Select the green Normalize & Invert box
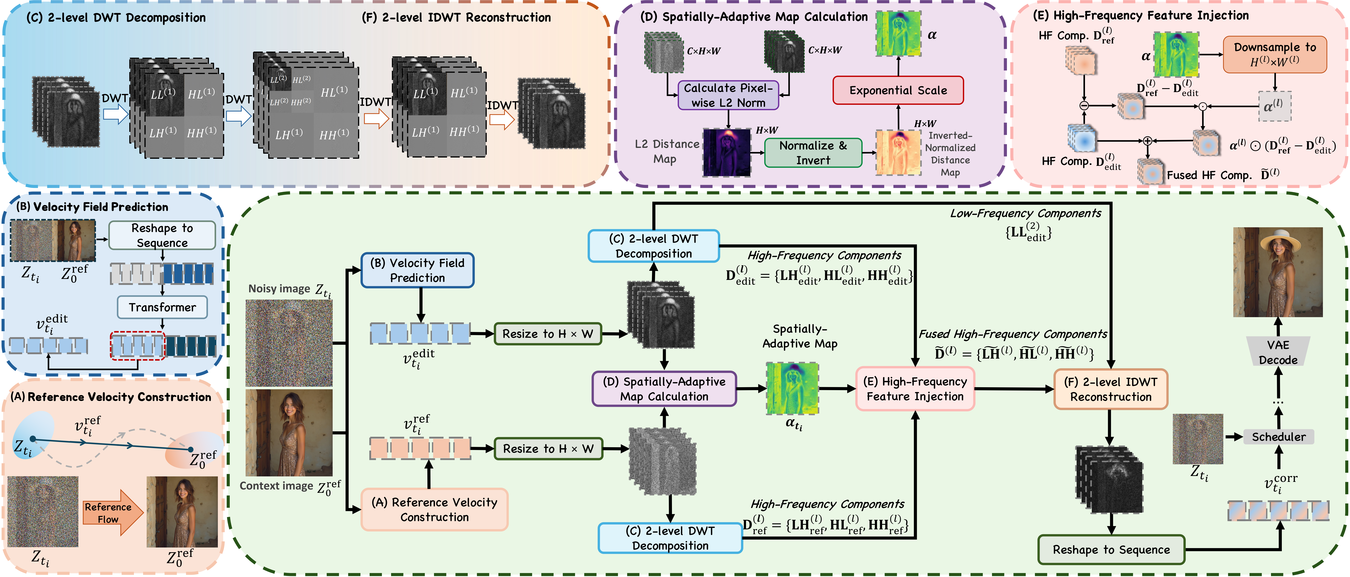click(x=813, y=153)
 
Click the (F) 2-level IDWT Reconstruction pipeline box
click(x=1111, y=389)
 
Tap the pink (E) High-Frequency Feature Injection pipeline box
click(x=914, y=389)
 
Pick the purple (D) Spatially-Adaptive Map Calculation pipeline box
click(x=664, y=389)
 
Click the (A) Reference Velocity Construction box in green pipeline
click(x=435, y=509)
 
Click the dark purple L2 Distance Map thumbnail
click(x=726, y=153)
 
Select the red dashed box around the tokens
click(x=137, y=346)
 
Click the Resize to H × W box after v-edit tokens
click(x=548, y=334)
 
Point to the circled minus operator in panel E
click(x=1084, y=105)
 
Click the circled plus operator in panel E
click(x=1147, y=140)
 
